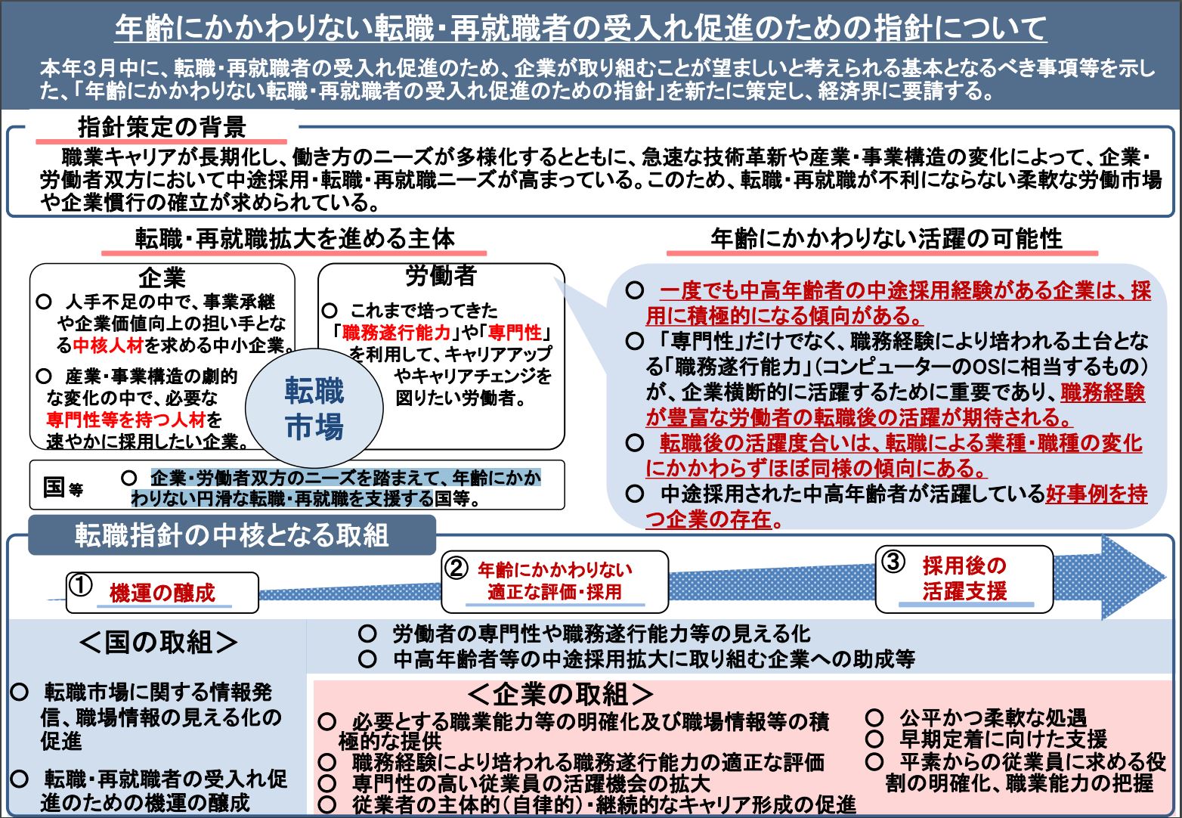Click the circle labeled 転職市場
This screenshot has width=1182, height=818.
point(314,408)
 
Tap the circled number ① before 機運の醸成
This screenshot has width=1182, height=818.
point(82,586)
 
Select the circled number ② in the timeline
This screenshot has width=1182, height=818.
point(456,568)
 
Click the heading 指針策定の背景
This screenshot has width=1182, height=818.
point(162,127)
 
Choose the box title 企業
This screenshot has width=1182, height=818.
point(162,277)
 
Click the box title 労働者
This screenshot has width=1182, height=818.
point(441,275)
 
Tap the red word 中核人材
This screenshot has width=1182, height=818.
point(108,345)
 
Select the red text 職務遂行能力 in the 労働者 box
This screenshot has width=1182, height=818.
point(396,333)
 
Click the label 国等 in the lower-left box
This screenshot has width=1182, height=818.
point(63,487)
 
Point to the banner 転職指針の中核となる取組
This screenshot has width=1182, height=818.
point(232,535)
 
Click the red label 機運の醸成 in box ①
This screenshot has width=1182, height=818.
point(162,593)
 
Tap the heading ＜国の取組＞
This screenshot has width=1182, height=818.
point(158,643)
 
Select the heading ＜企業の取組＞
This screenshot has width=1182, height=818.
point(561,694)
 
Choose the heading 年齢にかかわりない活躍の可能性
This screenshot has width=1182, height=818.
point(886,239)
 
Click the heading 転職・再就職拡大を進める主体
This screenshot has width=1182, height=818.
point(295,239)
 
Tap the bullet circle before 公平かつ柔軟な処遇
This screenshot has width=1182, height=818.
point(874,717)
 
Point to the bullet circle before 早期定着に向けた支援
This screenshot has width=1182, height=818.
point(874,739)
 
